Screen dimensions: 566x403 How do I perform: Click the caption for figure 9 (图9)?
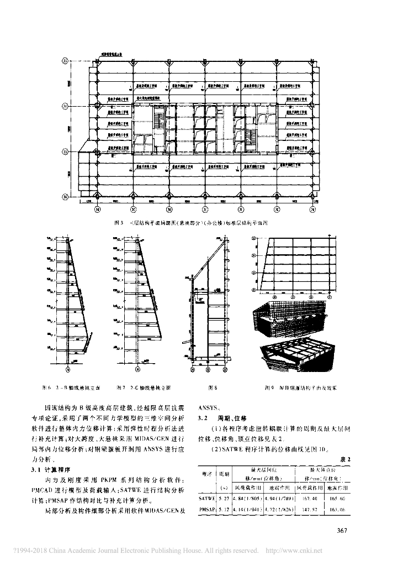(300, 387)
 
